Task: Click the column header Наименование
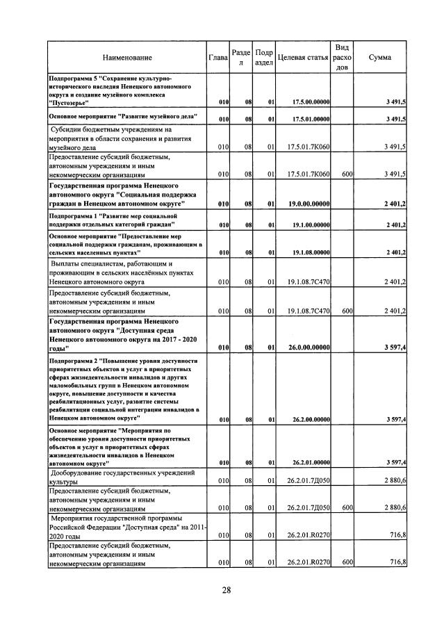pyautogui.click(x=127, y=58)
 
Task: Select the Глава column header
pyautogui.click(x=218, y=58)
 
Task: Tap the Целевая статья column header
pyautogui.click(x=302, y=58)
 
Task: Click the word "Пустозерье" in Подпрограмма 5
pyautogui.click(x=69, y=102)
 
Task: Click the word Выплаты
pyautogui.click(x=67, y=264)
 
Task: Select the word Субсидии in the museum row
pyautogui.click(x=68, y=130)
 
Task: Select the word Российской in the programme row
pyautogui.click(x=72, y=528)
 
